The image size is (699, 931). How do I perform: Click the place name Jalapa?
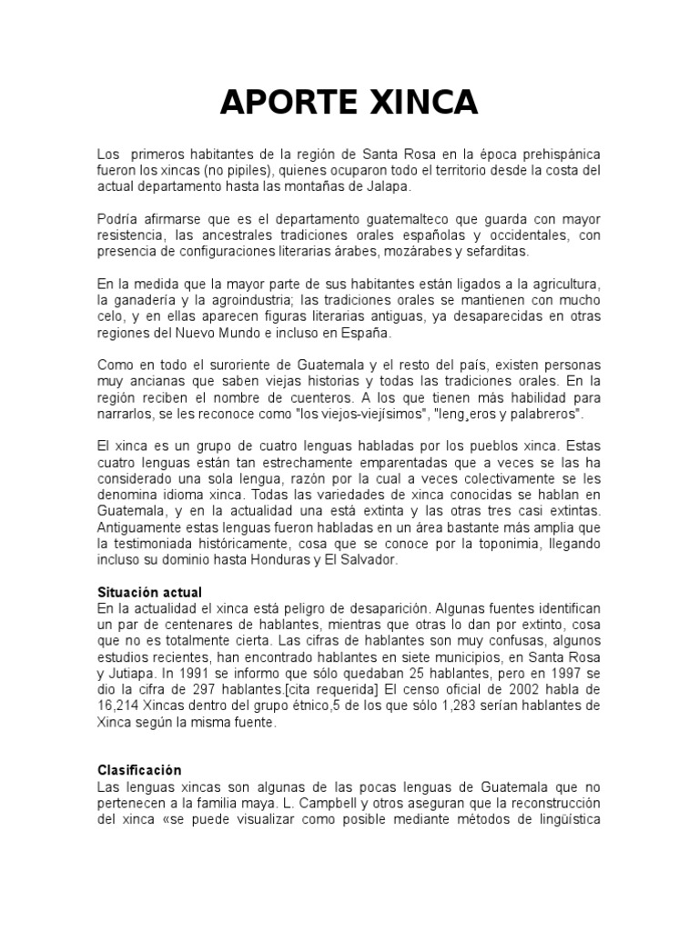click(387, 186)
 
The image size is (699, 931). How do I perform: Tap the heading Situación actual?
click(148, 592)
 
